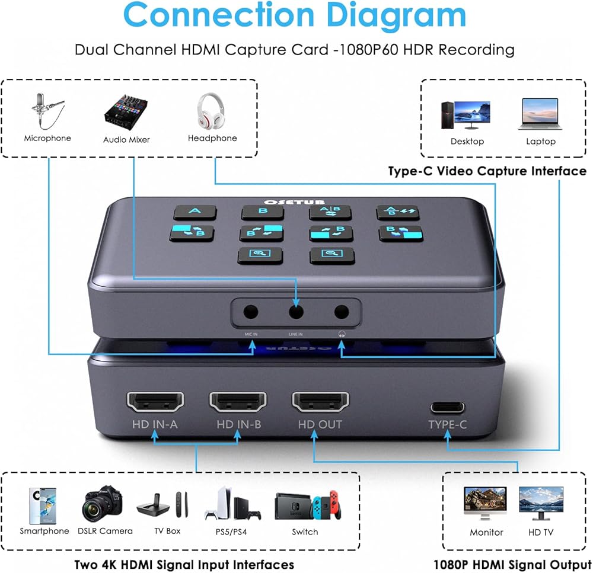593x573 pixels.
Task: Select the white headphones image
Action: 212,111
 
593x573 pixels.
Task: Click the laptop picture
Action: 540,114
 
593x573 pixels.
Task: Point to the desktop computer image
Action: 466,114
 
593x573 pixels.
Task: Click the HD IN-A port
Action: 155,402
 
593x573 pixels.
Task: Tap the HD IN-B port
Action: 238,402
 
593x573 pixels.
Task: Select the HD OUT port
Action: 320,402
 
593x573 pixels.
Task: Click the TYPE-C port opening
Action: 448,408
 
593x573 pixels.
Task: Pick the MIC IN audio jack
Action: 251,311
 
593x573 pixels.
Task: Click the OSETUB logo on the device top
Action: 296,201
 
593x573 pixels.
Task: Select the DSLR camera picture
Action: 104,504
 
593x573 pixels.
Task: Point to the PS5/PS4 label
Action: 232,532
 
